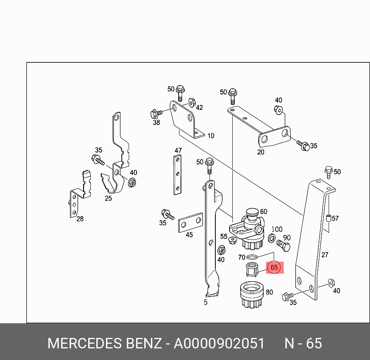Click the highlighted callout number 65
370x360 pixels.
tap(274, 267)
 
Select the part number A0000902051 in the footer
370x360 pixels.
tap(219, 343)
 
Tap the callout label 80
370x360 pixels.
tap(269, 292)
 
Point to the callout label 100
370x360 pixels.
tap(277, 230)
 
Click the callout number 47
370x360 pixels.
tap(178, 151)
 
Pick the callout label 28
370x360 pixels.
tap(80, 219)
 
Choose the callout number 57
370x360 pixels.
tap(335, 218)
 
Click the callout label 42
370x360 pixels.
tap(199, 108)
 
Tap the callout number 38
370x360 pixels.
tap(156, 123)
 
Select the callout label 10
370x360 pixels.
tap(211, 136)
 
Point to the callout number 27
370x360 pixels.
tap(325, 255)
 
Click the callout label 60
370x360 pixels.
tap(264, 211)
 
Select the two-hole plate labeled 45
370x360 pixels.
tap(190, 223)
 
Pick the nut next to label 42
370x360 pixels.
tap(191, 103)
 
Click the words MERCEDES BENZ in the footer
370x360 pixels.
tap(104, 343)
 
